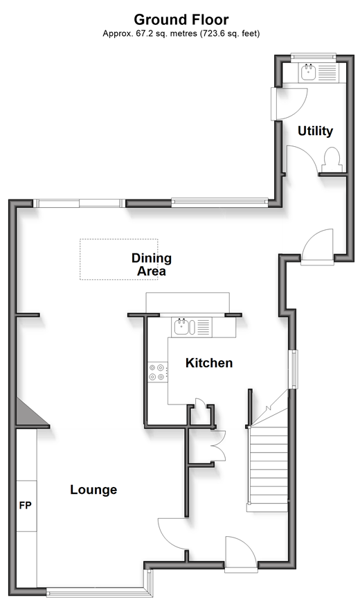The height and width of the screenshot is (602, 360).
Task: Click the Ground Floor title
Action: [x=181, y=19]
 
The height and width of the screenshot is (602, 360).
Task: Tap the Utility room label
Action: [x=315, y=131]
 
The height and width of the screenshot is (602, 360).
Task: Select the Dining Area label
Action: [x=151, y=265]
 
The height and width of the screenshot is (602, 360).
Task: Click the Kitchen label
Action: [x=209, y=363]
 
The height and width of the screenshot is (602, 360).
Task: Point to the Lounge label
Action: [x=93, y=490]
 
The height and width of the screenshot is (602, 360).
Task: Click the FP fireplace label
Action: [x=26, y=506]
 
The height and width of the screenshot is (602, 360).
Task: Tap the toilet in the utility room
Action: [x=332, y=160]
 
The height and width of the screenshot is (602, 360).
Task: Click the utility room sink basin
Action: [x=308, y=72]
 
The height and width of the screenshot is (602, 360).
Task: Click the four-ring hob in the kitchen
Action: [x=157, y=372]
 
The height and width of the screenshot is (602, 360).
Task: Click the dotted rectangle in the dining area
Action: [x=118, y=259]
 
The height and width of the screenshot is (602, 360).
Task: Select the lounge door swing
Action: [x=172, y=534]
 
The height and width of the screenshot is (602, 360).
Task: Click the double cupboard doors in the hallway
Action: [x=218, y=445]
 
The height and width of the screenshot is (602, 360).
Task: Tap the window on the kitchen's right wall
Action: [x=294, y=369]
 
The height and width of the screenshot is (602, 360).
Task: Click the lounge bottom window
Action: [x=96, y=593]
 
